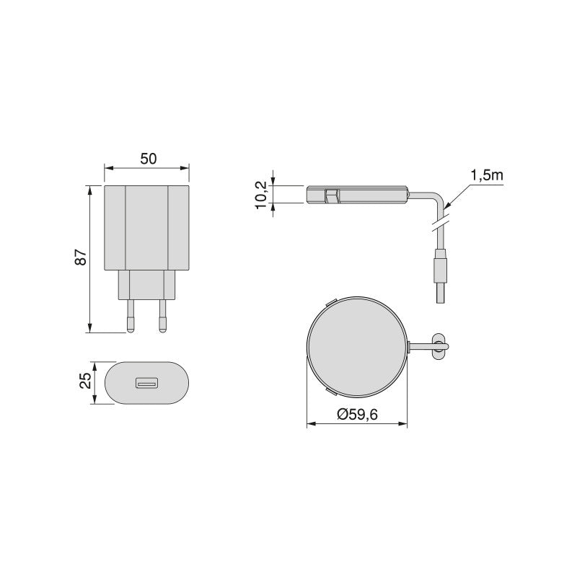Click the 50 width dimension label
148,159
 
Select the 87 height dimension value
81,257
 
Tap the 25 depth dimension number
85,382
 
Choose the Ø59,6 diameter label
358,415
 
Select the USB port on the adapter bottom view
147,382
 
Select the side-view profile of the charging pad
357,195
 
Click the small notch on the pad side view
332,195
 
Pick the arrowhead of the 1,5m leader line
446,206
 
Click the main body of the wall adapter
147,227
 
